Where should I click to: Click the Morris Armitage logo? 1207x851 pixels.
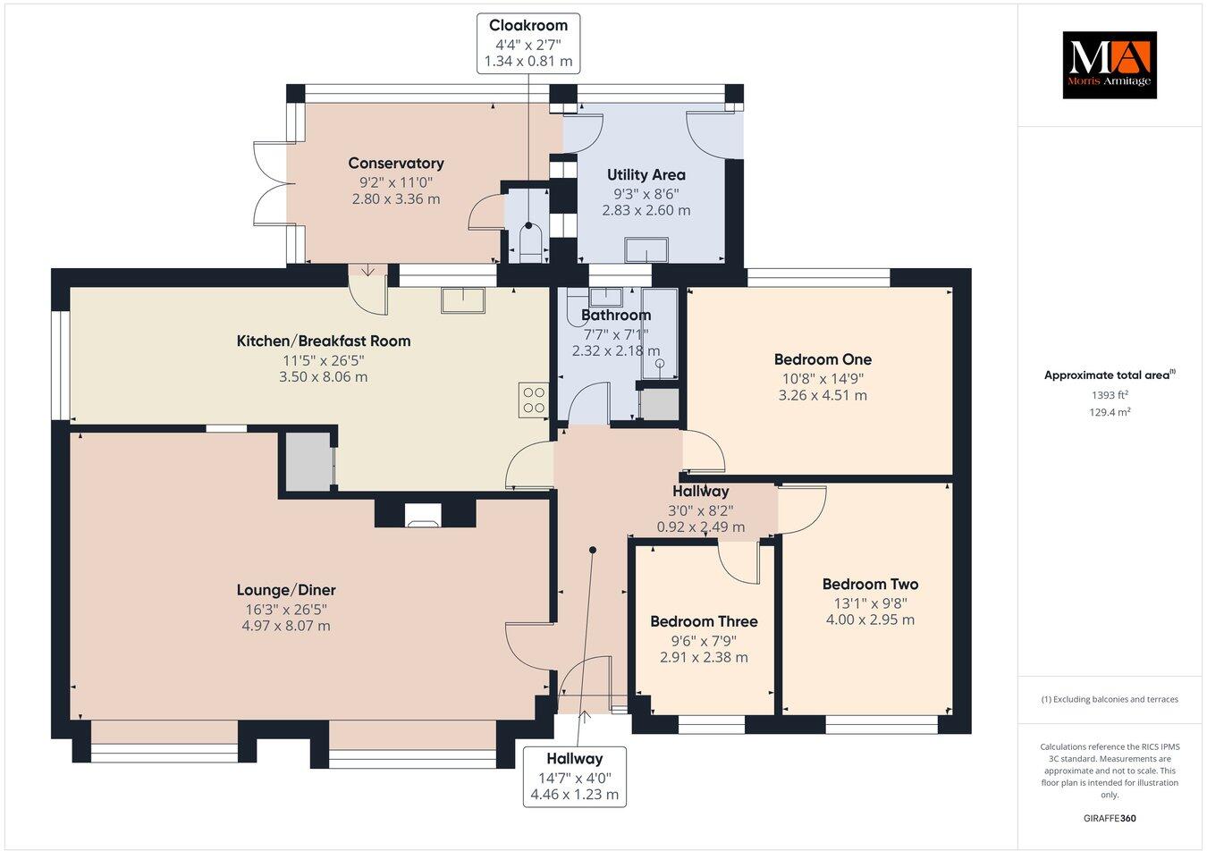(x=1110, y=65)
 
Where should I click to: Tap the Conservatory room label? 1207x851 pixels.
(x=396, y=164)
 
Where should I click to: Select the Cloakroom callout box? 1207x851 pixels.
(x=528, y=44)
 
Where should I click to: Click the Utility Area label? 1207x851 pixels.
(x=646, y=175)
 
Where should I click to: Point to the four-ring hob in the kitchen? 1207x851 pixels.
(x=534, y=400)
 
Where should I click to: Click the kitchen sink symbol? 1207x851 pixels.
(x=463, y=300)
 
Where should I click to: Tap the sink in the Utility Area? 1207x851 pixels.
(x=646, y=250)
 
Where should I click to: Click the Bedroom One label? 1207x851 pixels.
(x=823, y=359)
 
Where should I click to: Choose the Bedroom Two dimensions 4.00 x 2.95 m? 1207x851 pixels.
(x=870, y=619)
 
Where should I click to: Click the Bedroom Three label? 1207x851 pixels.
(x=704, y=621)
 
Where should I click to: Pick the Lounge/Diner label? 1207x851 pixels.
(x=286, y=590)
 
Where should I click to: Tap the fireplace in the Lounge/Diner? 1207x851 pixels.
(x=423, y=515)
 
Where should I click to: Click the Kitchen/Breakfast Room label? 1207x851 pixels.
(x=324, y=341)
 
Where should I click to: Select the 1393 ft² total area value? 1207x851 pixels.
(x=1110, y=395)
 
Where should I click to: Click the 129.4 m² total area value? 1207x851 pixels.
(x=1110, y=412)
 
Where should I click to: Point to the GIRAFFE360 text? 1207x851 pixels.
(x=1110, y=818)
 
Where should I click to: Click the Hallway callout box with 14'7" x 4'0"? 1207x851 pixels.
(x=574, y=777)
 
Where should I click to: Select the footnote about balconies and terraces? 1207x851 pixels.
(x=1110, y=699)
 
